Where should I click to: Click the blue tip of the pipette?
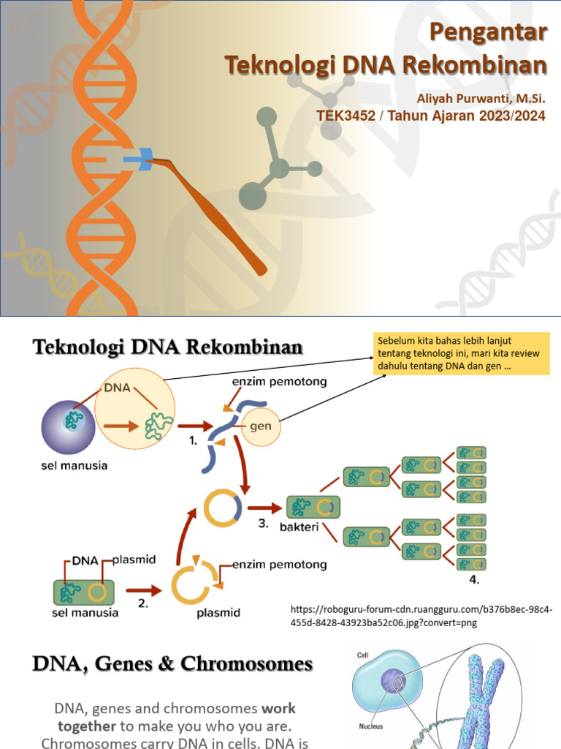tap(141, 159)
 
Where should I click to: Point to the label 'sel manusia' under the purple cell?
tap(72, 466)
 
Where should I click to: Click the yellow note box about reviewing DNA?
tap(460, 353)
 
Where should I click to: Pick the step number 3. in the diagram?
tap(263, 524)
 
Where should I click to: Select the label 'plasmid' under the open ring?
tap(218, 613)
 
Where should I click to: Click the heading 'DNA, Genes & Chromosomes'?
tap(172, 665)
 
